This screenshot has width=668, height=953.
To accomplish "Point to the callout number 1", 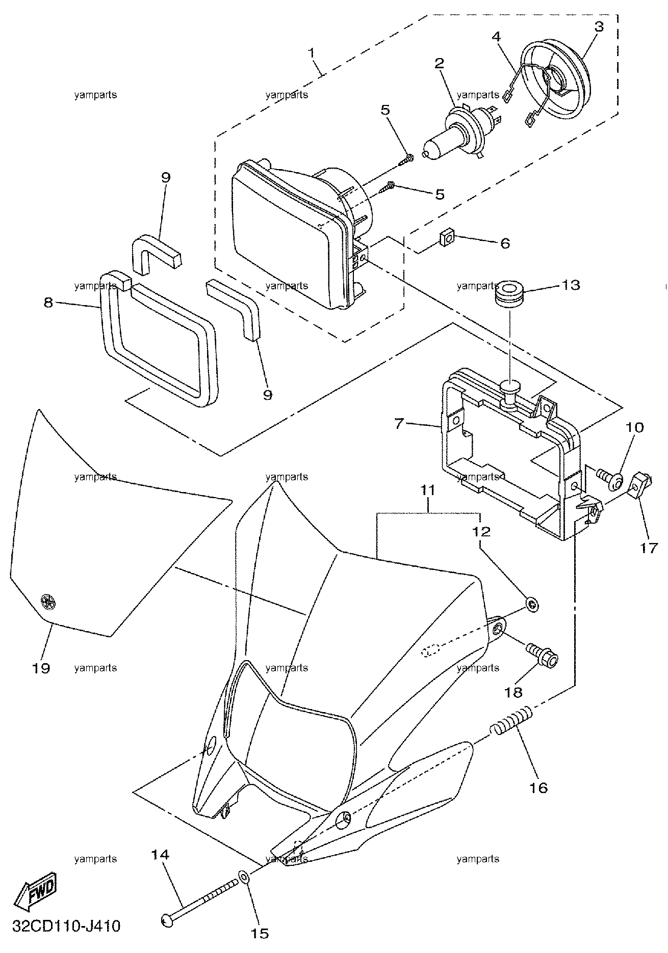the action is (312, 52).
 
